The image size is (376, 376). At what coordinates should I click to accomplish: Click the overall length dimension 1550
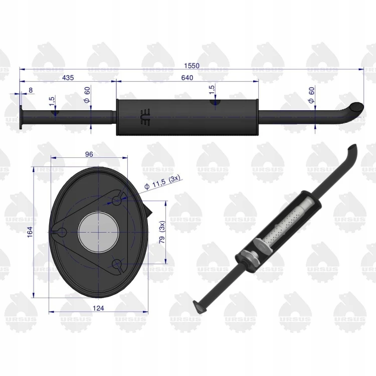[192, 66]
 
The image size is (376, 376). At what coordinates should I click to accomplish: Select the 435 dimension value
[68, 78]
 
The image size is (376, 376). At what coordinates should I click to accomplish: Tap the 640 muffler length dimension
[187, 78]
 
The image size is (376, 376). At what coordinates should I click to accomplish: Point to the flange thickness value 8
[31, 90]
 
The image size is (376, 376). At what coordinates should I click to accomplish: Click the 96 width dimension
[89, 154]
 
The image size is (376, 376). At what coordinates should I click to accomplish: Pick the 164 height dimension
[30, 232]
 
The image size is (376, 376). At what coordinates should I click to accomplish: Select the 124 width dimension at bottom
[98, 308]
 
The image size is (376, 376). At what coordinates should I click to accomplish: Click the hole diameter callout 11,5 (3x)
[162, 182]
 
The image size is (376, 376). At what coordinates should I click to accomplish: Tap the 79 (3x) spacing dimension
[162, 232]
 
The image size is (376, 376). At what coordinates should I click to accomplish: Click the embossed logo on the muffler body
[145, 117]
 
